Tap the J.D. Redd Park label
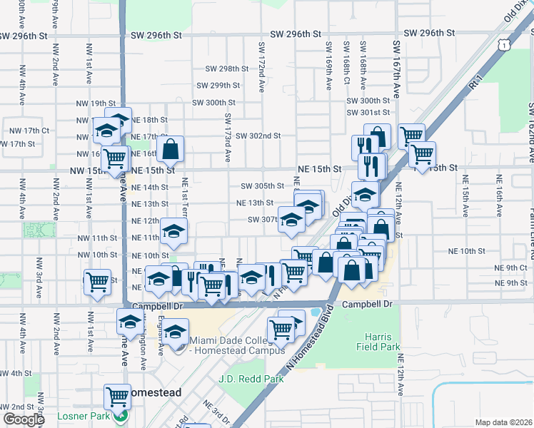point(251,379)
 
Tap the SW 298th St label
point(227,69)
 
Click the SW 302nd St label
point(258,136)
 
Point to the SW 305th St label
point(262,185)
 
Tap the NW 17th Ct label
point(29,131)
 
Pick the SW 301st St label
point(368,113)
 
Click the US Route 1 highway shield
point(504,45)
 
